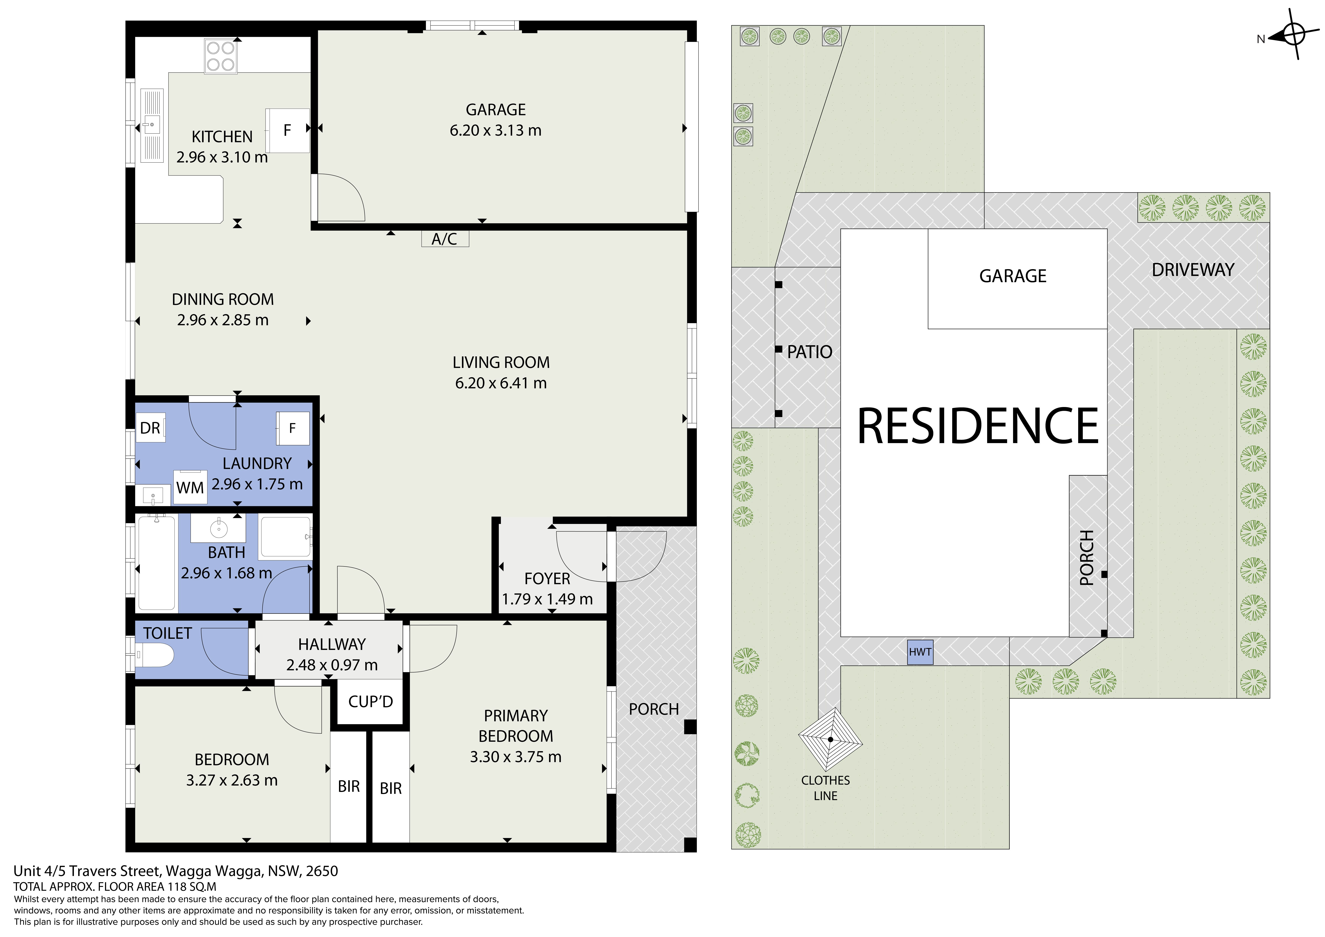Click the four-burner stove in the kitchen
(220, 56)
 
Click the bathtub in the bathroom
(156, 563)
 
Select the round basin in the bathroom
(219, 528)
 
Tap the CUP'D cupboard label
(371, 701)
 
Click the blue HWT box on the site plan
(920, 652)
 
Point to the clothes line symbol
(830, 740)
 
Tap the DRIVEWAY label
(1193, 270)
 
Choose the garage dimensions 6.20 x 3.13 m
(496, 131)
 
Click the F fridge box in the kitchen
(287, 131)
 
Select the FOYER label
(547, 579)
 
